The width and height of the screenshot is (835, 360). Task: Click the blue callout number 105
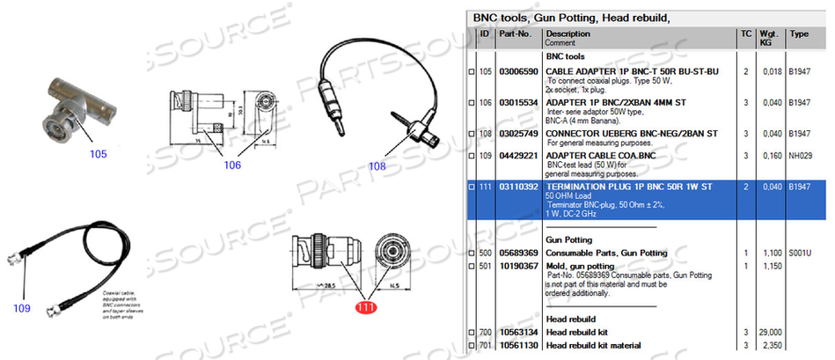pyautogui.click(x=98, y=154)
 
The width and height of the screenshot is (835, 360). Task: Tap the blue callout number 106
pyautogui.click(x=231, y=165)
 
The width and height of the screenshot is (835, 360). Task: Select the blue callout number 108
pyautogui.click(x=377, y=165)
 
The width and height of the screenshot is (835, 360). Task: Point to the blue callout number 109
pyautogui.click(x=22, y=308)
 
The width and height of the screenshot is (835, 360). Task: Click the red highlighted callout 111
pyautogui.click(x=364, y=308)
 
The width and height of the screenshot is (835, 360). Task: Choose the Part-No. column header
pyautogui.click(x=516, y=34)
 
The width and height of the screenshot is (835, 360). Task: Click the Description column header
pyautogui.click(x=568, y=34)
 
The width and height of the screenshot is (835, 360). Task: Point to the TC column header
pyautogui.click(x=746, y=34)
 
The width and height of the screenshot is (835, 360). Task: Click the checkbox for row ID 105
pyautogui.click(x=472, y=71)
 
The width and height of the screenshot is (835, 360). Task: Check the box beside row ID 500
pyautogui.click(x=472, y=253)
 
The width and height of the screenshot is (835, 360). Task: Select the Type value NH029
pyautogui.click(x=800, y=155)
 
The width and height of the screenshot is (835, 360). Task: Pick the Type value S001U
pyautogui.click(x=801, y=253)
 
